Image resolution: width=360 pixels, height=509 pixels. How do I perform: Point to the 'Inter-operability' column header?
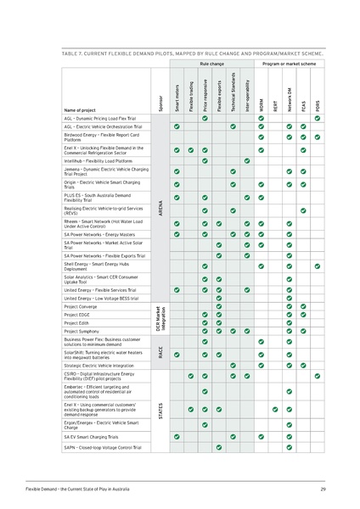tap(247, 95)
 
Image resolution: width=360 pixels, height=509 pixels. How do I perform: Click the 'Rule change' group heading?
tap(211, 64)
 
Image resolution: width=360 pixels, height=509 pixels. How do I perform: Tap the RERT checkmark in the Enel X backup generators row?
tap(275, 409)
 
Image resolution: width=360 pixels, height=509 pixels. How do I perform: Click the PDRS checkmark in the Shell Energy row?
tap(318, 266)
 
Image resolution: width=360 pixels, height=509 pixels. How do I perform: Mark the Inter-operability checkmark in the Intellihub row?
tap(247, 160)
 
